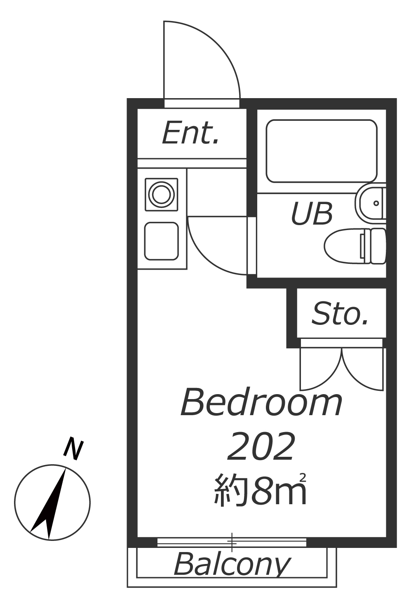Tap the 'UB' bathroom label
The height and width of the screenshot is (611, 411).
[x=312, y=214]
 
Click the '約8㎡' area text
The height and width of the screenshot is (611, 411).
[x=260, y=490]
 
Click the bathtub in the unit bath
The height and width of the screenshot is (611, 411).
[x=322, y=151]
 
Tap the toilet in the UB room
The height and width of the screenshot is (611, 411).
[x=355, y=246]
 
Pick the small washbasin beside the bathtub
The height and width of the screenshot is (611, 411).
[x=371, y=203]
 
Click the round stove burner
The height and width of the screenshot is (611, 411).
[x=162, y=195]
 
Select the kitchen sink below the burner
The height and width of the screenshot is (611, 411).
[x=162, y=241]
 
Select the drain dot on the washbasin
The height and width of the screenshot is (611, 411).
[x=376, y=203]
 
